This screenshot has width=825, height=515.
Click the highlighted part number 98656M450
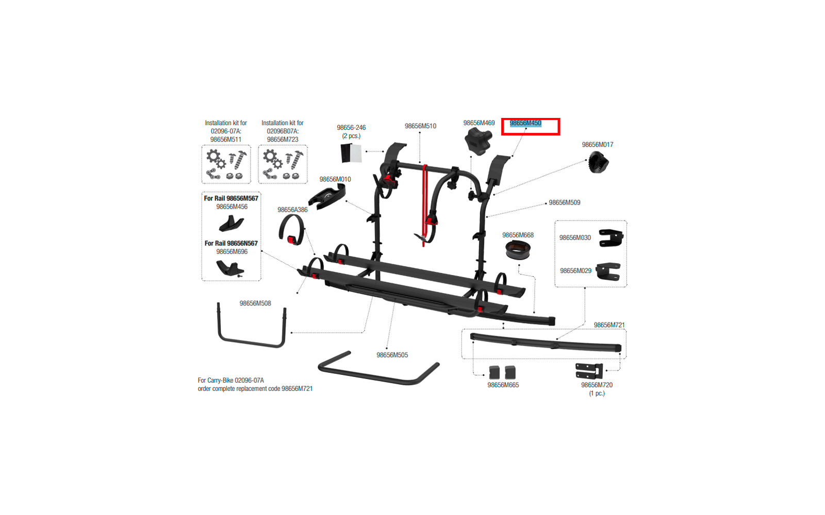pos(525,123)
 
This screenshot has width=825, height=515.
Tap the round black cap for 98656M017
pos(598,163)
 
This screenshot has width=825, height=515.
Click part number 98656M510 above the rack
pos(420,126)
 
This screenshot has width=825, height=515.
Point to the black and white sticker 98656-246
pos(351,153)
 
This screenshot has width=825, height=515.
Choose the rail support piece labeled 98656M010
pos(327,196)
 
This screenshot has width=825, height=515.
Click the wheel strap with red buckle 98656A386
pos(292,230)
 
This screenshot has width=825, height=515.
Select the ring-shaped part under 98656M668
pos(518,250)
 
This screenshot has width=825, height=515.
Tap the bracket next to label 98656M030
pos(610,238)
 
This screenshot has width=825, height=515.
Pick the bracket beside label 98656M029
pos(608,271)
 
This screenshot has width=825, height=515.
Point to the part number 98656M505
pos(392,355)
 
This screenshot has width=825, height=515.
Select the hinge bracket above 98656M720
pos(589,371)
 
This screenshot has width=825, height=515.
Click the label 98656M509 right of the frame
pos(564,203)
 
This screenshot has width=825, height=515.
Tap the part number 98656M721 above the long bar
pos(609,325)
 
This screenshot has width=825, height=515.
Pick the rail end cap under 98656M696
pos(230,268)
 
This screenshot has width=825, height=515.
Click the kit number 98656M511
pos(226,140)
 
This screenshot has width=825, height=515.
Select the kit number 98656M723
pos(283,140)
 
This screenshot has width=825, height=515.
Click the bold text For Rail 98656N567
pos(231,244)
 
